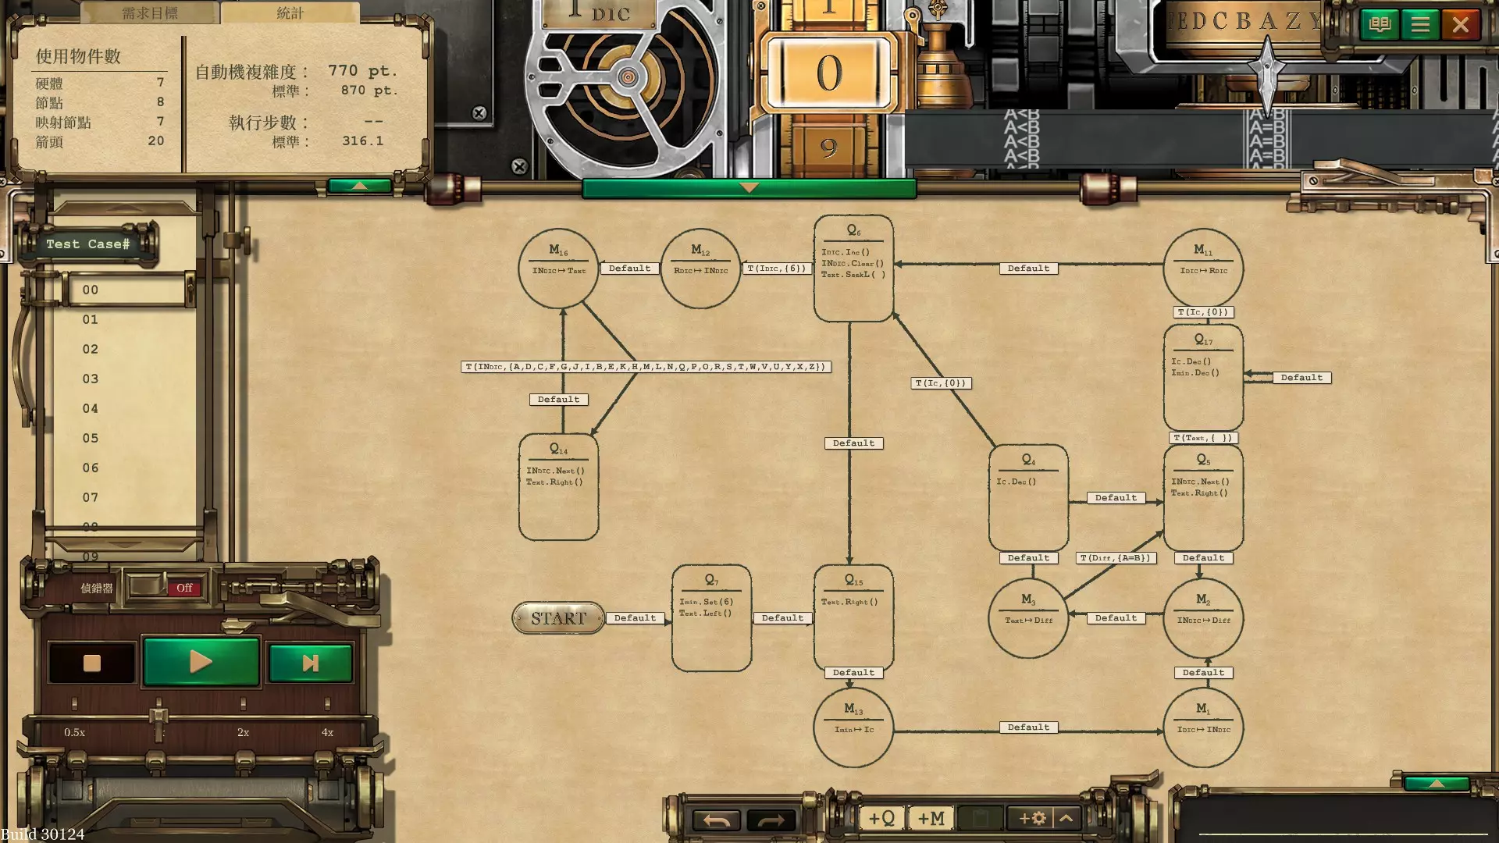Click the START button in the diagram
558,618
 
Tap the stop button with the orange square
92,663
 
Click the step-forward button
310,663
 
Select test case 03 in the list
91,379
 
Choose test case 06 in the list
91,468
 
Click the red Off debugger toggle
184,588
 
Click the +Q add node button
881,818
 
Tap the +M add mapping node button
931,818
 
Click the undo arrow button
716,820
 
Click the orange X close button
1460,25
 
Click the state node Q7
711,617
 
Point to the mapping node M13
853,727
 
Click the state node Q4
1028,497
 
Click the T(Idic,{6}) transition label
776,269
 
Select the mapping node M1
1203,727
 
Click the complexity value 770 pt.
362,71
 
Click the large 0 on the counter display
829,73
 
